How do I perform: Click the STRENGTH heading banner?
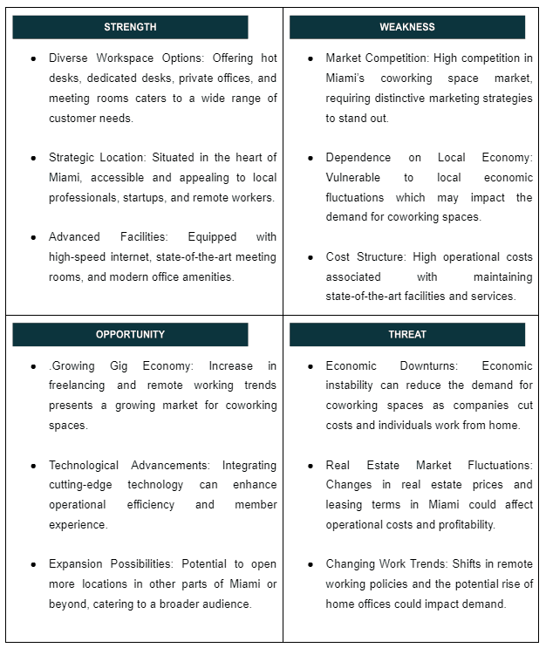coord(130,27)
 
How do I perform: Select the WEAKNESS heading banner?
coord(406,27)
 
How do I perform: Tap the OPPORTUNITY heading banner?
coord(130,335)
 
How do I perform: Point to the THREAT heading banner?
coord(406,335)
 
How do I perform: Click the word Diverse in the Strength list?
coord(68,58)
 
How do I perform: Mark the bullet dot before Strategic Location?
coord(33,158)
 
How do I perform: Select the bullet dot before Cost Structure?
coord(311,257)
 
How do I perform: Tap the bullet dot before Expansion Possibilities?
coord(33,564)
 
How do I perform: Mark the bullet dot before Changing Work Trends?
coord(311,564)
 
